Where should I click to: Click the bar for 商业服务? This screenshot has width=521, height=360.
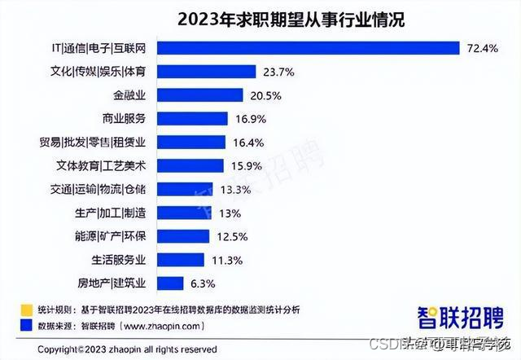pos(192,118)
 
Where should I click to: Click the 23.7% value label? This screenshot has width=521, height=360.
pos(256,71)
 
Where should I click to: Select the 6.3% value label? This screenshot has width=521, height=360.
pos(202,283)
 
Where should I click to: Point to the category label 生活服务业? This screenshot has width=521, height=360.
pos(117,260)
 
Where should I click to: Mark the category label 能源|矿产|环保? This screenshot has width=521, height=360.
pos(112,236)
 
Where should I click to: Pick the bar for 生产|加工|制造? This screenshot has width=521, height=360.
pos(180,213)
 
